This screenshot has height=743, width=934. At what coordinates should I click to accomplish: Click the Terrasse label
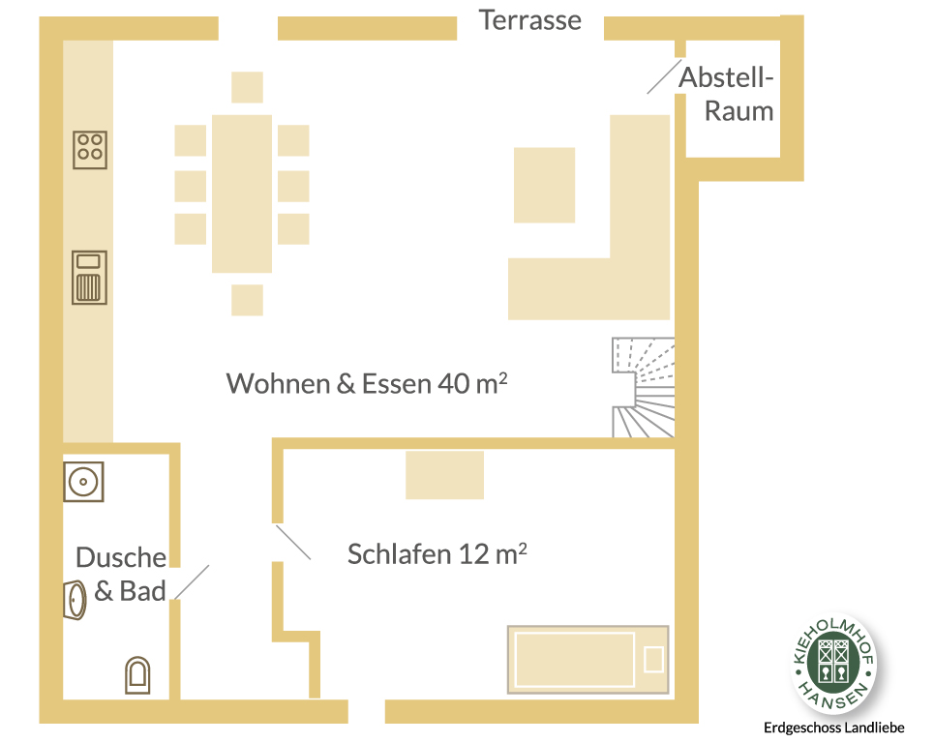530,20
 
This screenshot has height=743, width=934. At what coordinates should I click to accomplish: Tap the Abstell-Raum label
727,94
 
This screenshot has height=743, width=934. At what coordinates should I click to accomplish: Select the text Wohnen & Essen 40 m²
367,383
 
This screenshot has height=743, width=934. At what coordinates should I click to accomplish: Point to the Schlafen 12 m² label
437,554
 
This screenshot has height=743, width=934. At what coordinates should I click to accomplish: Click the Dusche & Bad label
122,574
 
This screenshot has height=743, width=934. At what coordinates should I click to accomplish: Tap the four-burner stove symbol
90,150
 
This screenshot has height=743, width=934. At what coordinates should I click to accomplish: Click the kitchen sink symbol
89,278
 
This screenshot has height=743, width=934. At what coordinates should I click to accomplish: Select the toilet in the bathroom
137,675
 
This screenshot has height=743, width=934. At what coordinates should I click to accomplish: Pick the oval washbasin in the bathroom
75,600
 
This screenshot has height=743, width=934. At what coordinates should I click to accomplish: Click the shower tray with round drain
83,482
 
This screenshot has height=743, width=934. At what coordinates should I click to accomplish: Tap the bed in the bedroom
588,660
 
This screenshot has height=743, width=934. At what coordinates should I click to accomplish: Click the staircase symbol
644,388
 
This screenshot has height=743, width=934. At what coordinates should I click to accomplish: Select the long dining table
242,194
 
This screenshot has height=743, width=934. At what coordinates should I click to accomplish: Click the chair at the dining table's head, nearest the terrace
247,87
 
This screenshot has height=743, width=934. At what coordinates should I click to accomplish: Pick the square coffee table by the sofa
545,185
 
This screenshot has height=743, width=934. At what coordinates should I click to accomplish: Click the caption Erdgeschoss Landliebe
834,728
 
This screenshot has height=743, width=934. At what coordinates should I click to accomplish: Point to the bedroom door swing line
293,543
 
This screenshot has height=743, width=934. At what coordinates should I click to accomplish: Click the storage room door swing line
664,76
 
